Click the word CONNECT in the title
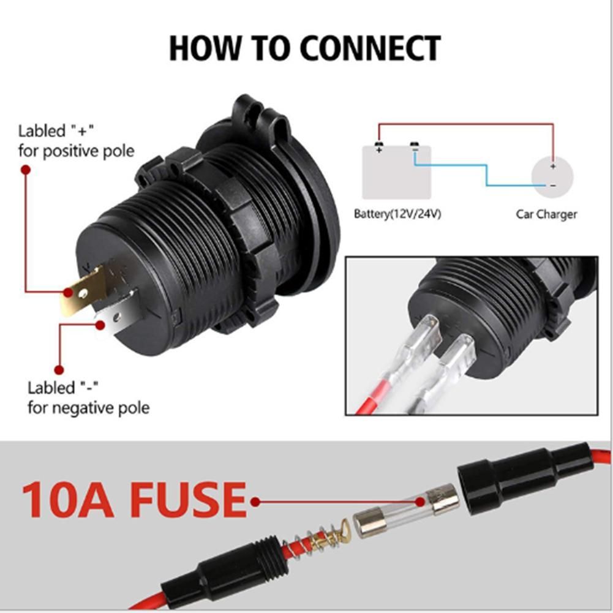pos(370,48)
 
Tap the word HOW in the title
pos(204,48)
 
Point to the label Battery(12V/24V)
pos(397,214)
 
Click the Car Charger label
pos(546,214)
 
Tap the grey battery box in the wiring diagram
pos(396,172)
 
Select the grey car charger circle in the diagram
pos(552,177)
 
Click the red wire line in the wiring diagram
pos(465,124)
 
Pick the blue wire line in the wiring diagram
pos(487,172)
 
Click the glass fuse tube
pos(407,511)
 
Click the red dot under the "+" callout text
pos(26,170)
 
